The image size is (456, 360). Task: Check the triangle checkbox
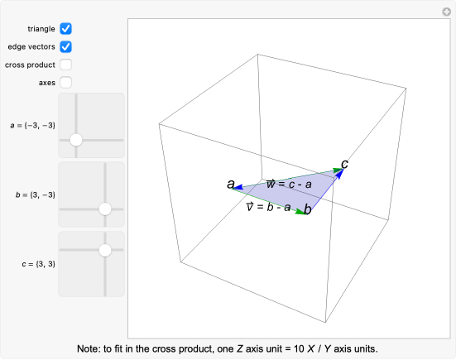click(x=65, y=29)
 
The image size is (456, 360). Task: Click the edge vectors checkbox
click(x=65, y=47)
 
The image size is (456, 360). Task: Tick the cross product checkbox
click(x=65, y=65)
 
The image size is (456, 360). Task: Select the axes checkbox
click(x=65, y=83)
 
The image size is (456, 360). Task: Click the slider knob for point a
click(x=76, y=140)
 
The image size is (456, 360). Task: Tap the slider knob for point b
click(x=105, y=209)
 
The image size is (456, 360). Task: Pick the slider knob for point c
click(x=105, y=250)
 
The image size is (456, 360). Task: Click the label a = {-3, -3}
click(x=32, y=125)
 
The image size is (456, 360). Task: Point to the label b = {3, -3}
click(x=36, y=194)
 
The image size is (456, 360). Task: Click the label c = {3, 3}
click(x=38, y=264)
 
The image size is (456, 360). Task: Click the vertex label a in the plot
click(x=231, y=184)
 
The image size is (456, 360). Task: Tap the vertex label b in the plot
click(x=308, y=209)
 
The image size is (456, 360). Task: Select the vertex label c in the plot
click(x=344, y=165)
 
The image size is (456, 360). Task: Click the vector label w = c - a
click(x=289, y=184)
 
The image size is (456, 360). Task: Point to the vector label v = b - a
click(x=268, y=207)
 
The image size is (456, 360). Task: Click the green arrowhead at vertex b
click(x=300, y=212)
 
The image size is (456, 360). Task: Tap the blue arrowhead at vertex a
click(x=238, y=187)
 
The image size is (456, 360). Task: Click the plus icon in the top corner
click(x=446, y=12)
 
